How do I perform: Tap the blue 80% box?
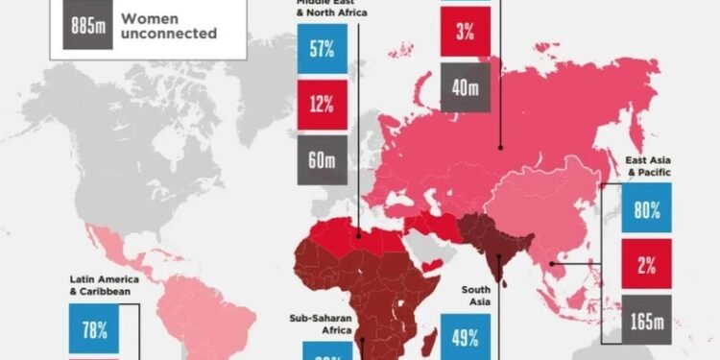[x=646, y=210]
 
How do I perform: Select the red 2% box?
[x=646, y=260]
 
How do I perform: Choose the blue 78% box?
[x=94, y=329]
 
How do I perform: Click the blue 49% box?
[x=465, y=337]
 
